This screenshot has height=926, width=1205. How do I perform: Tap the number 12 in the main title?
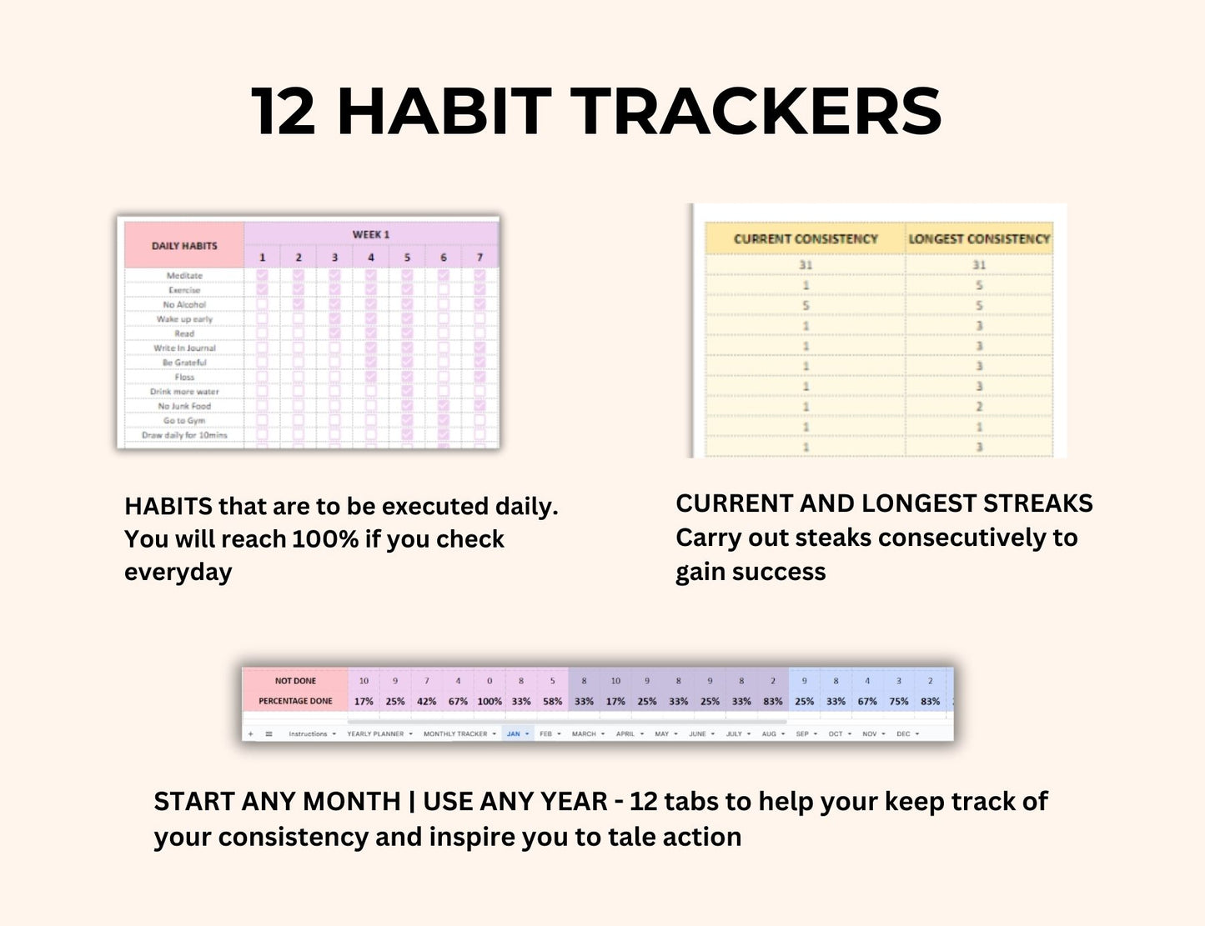[284, 112]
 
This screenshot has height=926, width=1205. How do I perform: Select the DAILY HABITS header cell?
[184, 246]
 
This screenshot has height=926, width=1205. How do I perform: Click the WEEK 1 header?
[371, 234]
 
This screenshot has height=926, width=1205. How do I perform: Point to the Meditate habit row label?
[184, 276]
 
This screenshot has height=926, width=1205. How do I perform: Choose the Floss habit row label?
[184, 378]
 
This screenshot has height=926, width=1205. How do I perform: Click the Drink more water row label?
[184, 392]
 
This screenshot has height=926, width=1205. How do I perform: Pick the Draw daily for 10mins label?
[184, 435]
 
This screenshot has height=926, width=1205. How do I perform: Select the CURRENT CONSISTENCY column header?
[806, 239]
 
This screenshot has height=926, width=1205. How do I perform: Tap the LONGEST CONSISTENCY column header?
[979, 239]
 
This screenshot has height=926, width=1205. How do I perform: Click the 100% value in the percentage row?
[490, 702]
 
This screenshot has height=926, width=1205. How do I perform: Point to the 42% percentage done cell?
[426, 702]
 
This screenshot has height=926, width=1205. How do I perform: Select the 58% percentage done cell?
[552, 702]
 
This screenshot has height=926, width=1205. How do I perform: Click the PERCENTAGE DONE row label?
[295, 701]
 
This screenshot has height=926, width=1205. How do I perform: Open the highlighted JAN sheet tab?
[514, 734]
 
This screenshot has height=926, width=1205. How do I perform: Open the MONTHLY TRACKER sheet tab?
[455, 734]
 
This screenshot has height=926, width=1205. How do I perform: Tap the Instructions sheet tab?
[308, 734]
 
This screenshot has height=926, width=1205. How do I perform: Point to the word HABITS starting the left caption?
[168, 507]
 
